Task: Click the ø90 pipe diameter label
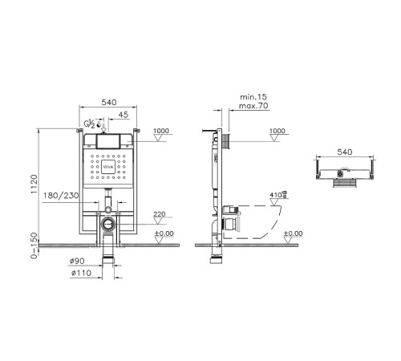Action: (x=77, y=262)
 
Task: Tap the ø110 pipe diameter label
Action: (x=77, y=274)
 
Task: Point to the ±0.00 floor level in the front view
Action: (x=164, y=233)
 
